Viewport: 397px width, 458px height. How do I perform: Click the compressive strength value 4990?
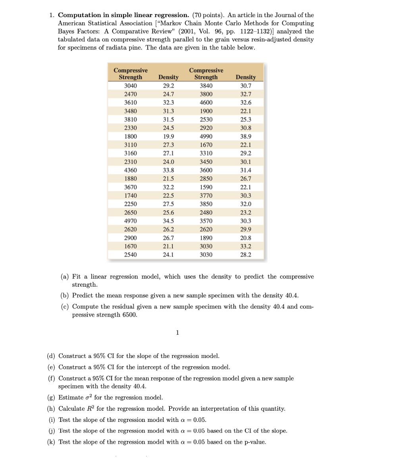[206, 136]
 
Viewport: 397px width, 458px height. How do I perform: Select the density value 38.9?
[246, 136]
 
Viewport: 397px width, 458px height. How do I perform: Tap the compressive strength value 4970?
[131, 221]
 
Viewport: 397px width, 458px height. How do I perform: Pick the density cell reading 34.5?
[168, 221]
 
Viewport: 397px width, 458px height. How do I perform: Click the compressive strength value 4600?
[206, 103]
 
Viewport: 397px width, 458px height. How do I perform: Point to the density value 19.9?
[168, 136]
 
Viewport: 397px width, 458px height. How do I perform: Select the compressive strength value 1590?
[206, 187]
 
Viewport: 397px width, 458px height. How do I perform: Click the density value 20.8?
[246, 238]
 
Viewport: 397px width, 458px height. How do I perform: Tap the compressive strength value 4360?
[131, 170]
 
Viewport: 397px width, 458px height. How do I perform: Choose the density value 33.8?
[168, 170]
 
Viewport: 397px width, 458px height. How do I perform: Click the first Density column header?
[168, 77]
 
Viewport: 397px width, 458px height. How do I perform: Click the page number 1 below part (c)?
[177, 332]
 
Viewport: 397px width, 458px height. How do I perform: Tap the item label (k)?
[51, 442]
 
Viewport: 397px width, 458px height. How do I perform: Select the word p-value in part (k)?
[253, 442]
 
